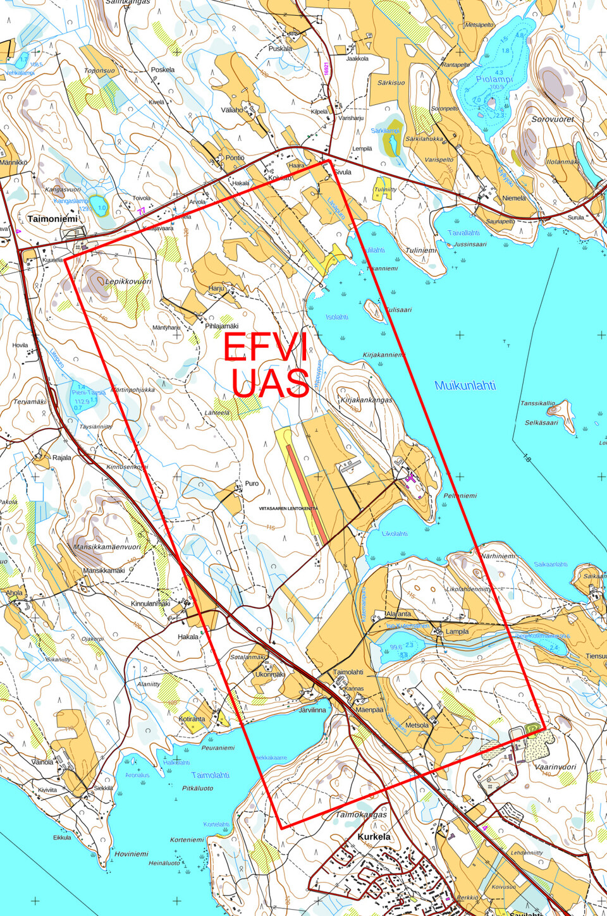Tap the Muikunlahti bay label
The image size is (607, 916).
(465, 386)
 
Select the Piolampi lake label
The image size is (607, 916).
(494, 79)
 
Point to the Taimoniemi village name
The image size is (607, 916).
(52, 219)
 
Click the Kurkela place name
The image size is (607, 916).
(374, 836)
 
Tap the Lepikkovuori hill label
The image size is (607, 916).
(128, 281)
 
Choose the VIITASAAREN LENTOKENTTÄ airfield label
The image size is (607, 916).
(288, 508)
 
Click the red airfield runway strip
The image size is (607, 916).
(307, 493)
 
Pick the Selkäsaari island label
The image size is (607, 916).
(541, 422)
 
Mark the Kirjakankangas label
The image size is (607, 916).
(366, 400)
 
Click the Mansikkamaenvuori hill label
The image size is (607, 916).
(107, 547)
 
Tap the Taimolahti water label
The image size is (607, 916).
(211, 775)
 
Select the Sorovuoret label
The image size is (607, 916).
(553, 119)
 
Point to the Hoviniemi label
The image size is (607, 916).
(131, 854)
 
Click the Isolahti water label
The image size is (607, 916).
(337, 317)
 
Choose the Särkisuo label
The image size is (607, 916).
(391, 83)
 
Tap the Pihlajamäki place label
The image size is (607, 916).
(221, 326)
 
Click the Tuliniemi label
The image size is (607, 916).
(421, 250)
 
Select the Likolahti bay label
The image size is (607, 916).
(395, 534)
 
